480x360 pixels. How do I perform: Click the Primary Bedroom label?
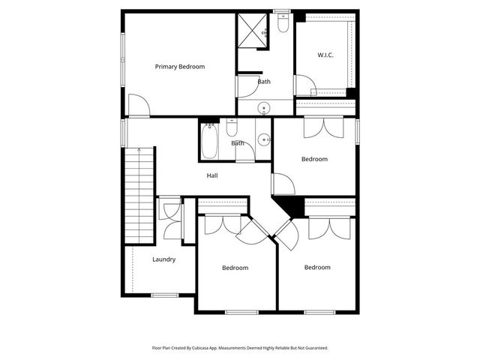click(179, 67)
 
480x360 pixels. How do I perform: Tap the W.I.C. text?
click(325, 55)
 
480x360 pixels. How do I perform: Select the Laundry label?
click(164, 259)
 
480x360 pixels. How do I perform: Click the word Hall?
click(212, 175)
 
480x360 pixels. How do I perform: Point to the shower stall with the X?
click(253, 31)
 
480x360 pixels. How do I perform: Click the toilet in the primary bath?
click(282, 24)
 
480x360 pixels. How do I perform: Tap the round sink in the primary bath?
click(264, 109)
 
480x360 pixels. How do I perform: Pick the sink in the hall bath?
click(263, 139)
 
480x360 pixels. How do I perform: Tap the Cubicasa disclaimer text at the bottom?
click(240, 348)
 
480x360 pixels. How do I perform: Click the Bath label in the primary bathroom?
click(264, 82)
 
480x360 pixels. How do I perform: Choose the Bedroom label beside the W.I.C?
click(314, 159)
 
